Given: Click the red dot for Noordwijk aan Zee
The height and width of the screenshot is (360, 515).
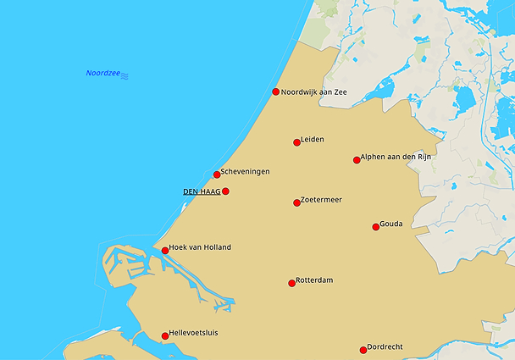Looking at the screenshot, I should coord(275,92).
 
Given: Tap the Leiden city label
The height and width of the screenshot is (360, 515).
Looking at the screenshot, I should coord(313,139).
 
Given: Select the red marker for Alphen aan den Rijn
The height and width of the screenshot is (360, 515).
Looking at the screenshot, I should coord(357,160).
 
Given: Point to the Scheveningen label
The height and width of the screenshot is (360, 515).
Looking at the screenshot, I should coord(245,171).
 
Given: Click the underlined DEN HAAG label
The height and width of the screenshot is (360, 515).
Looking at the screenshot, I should coord(202,191).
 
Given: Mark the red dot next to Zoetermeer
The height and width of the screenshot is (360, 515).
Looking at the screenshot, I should coord(296,202).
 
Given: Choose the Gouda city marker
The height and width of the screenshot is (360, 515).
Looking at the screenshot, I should coord(375,226).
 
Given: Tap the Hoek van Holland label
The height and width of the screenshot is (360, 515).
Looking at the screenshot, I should coord(200,247).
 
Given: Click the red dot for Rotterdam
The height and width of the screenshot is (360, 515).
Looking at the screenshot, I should coord(291,283).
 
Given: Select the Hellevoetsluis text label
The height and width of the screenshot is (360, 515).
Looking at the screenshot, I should coord(193,333).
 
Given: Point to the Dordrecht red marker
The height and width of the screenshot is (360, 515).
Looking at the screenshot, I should coord(363,350).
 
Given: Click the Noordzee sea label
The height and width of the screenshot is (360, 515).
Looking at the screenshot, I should coord(102,74).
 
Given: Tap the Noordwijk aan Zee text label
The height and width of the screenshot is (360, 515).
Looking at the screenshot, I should coord(314,91).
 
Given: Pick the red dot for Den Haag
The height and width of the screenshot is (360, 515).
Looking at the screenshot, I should coord(225,191).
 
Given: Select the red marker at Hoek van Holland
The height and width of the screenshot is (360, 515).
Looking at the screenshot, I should coord(165,251).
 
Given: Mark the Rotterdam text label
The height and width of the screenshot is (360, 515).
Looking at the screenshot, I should coord(314,280).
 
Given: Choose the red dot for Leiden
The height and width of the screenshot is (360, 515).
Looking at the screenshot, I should coord(296,142).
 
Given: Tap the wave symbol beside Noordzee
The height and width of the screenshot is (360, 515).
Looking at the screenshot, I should coord(125,75).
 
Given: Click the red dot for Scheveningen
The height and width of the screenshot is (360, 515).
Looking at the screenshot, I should coord(217,174).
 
